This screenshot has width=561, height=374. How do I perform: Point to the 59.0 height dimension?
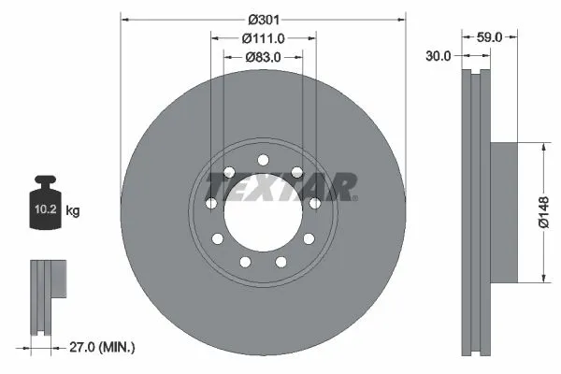point(490,38)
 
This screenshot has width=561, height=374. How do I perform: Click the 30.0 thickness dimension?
point(439,56)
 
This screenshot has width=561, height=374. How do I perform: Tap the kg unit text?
point(73,211)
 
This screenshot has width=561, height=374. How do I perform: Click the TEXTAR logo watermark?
point(280,187)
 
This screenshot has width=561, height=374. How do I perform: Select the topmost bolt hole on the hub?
point(263,158)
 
